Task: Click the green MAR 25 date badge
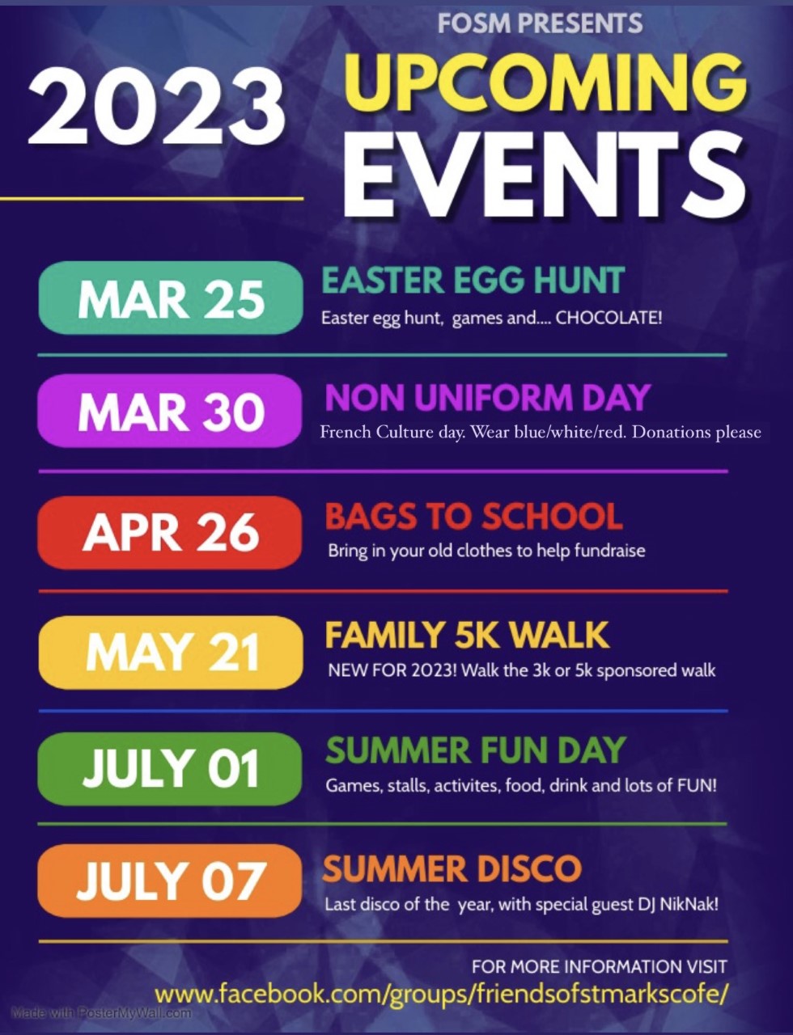tap(171, 298)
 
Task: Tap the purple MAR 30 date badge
tap(170, 411)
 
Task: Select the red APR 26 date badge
tap(170, 533)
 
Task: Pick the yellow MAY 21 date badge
tap(171, 652)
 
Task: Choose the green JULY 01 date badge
tap(170, 769)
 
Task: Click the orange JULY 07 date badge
tap(170, 881)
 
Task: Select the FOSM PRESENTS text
tap(540, 23)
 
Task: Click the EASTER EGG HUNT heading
tap(473, 280)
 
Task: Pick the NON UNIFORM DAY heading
tap(487, 397)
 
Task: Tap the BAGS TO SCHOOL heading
tap(474, 516)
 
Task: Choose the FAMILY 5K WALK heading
tap(468, 635)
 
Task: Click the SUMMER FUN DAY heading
tap(476, 750)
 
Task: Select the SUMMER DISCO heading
tap(452, 868)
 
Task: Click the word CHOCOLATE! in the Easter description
tap(609, 318)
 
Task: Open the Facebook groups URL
tap(441, 996)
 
